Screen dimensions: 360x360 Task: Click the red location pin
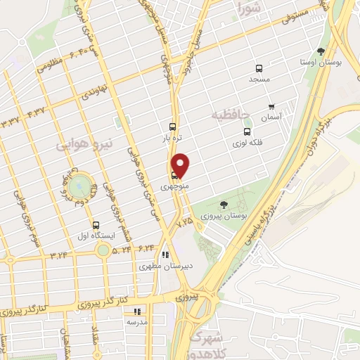point(181,165)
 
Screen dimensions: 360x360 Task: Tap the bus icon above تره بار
point(173,128)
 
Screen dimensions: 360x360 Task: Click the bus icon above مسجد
point(259,69)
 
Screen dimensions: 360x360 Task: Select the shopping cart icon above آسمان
point(271,106)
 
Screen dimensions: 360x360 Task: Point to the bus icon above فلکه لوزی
point(246,131)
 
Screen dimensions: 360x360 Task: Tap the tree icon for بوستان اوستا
point(321,51)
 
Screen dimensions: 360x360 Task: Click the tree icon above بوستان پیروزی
point(224,205)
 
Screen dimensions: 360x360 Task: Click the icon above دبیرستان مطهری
point(165,255)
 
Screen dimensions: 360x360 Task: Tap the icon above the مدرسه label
point(137,310)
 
